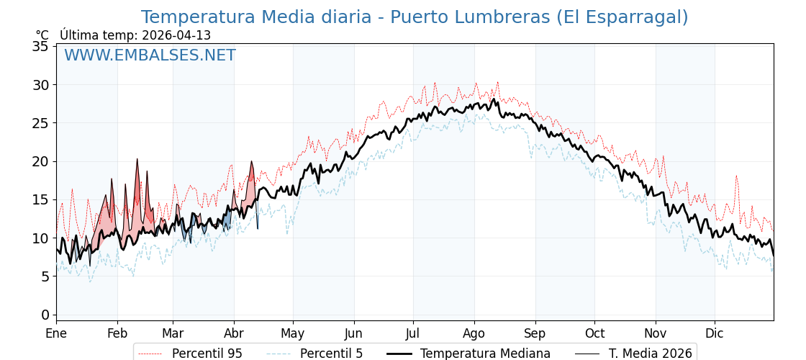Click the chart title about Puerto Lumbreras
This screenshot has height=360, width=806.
414,17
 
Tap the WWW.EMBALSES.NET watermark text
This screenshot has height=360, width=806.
150,55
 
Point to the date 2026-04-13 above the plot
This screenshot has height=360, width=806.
176,35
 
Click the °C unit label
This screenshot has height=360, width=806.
42,35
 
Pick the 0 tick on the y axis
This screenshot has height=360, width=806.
45,315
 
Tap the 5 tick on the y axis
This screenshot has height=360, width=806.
45,276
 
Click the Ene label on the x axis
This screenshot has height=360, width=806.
56,333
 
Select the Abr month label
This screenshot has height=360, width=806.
234,333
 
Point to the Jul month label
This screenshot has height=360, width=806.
413,333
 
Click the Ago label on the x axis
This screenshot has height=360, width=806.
474,333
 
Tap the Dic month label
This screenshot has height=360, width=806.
715,333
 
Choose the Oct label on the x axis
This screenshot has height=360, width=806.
594,333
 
